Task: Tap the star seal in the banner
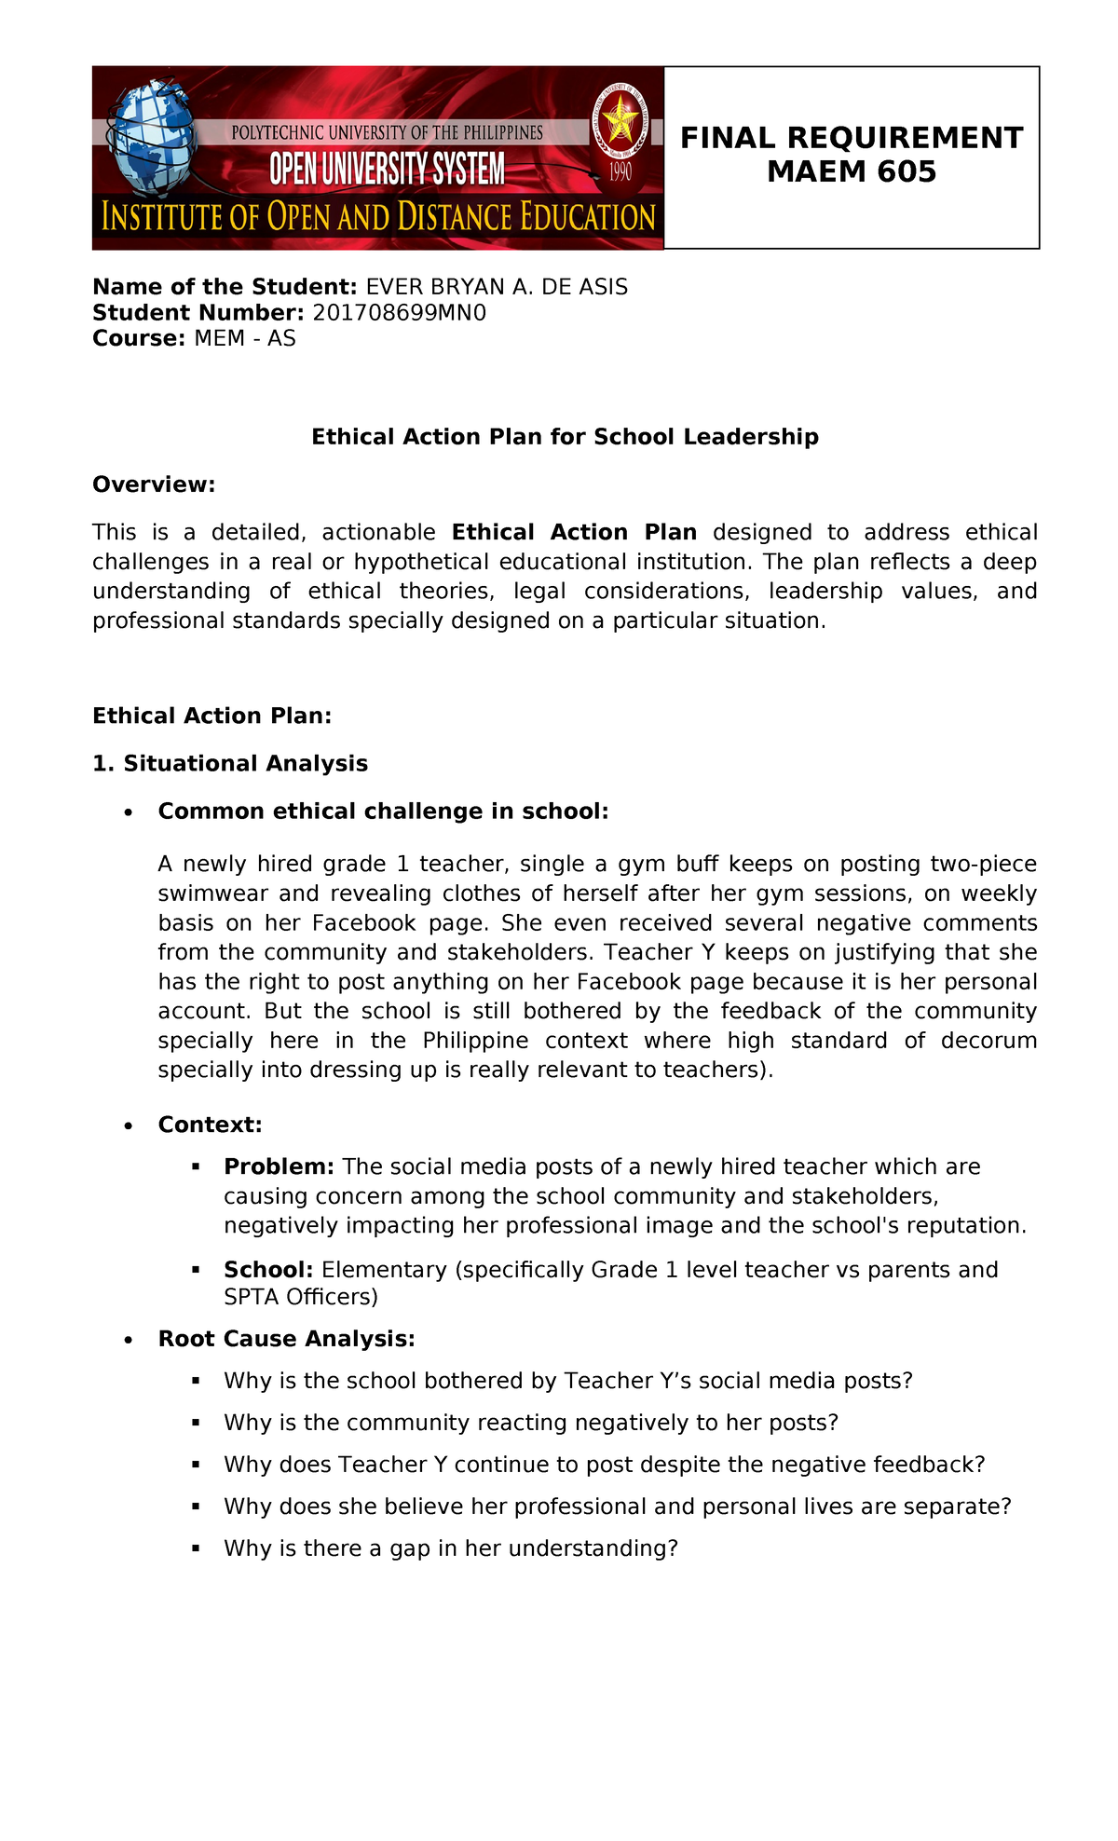(x=617, y=121)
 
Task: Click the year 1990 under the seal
(x=620, y=171)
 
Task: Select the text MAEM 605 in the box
(x=851, y=172)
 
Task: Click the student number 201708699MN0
(x=399, y=313)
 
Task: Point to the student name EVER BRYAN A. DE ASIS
(x=497, y=287)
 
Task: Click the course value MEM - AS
(x=245, y=339)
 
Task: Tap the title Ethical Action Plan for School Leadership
(x=565, y=437)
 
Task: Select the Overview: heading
(x=154, y=484)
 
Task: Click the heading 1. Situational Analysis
(x=230, y=764)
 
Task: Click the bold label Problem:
(x=279, y=1167)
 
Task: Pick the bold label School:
(x=268, y=1270)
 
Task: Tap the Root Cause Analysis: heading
(x=286, y=1339)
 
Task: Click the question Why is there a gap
(x=451, y=1548)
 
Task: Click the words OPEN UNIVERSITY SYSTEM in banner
(x=387, y=171)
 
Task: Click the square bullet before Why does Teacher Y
(x=196, y=1465)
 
